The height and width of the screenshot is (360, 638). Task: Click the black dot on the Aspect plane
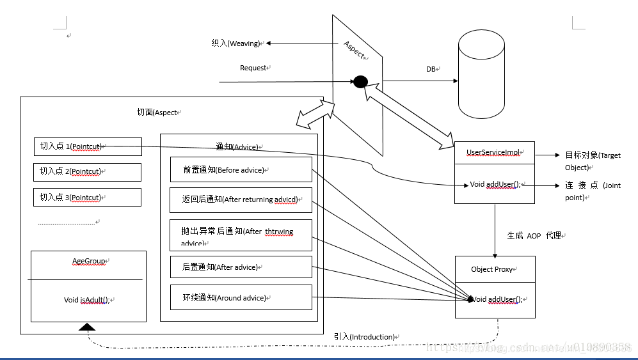[x=360, y=82]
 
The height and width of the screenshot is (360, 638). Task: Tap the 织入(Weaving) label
[x=236, y=43]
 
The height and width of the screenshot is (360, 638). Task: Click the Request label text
[x=253, y=68]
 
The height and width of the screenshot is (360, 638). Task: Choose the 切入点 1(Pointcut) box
[x=87, y=146]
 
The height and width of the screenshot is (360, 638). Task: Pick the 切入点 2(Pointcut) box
[x=87, y=171]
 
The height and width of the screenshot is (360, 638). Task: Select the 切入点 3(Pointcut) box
[x=87, y=197]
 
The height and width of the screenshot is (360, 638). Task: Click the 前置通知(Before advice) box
[x=241, y=170]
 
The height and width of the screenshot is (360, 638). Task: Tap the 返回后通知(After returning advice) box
[x=241, y=200]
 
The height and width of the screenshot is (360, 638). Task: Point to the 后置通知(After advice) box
[x=241, y=267]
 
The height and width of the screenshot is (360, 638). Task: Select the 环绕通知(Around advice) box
[x=241, y=297]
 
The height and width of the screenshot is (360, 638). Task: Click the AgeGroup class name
[x=88, y=261]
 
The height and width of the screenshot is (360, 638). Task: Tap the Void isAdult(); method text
[x=88, y=300]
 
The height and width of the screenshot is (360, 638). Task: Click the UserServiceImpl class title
[x=493, y=152]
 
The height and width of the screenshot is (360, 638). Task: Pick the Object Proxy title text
[x=492, y=269]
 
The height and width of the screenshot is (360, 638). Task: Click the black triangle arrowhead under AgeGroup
[x=87, y=327]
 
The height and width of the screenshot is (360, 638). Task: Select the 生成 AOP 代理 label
[x=534, y=236]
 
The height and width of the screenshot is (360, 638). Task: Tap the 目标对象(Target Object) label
[x=593, y=161]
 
